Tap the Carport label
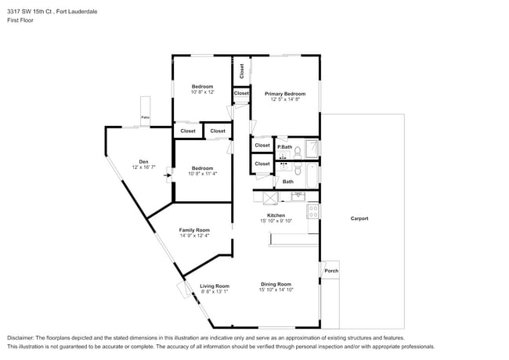tap(359, 218)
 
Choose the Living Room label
tap(214, 286)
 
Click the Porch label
tap(331, 271)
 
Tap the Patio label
tap(145, 117)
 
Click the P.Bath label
tap(284, 147)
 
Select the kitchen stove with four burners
tap(313, 210)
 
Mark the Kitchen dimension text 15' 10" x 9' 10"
tap(276, 221)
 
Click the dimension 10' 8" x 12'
tap(202, 92)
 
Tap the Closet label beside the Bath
tap(262, 164)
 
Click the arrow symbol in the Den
tap(166, 175)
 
